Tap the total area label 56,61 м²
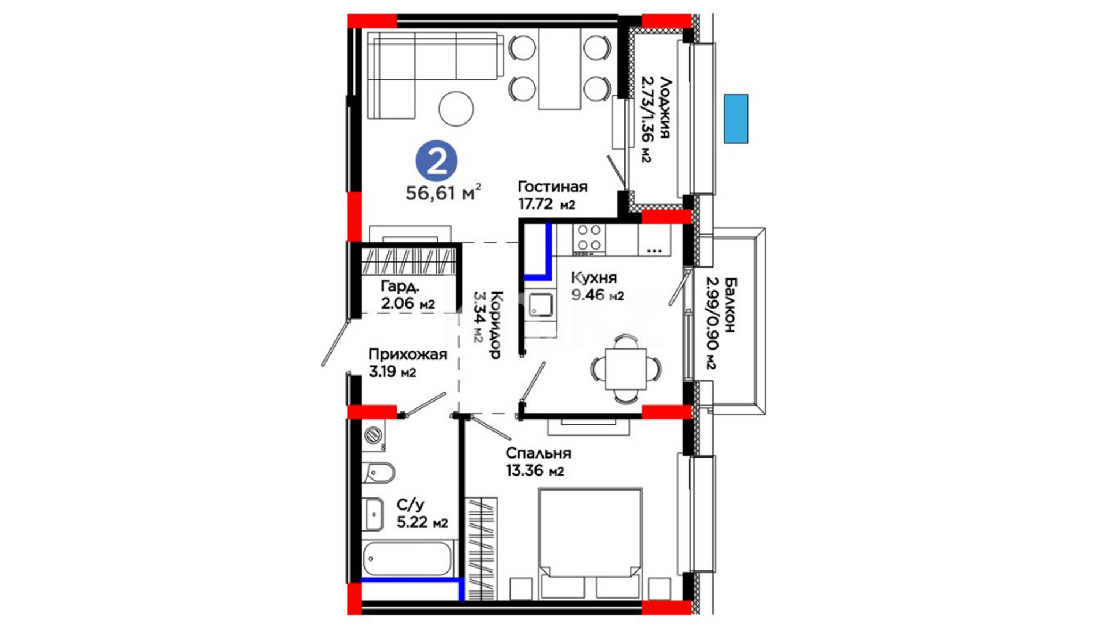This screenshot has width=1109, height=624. point(443,192)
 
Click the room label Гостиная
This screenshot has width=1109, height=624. point(552,187)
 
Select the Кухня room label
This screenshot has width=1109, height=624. point(594,277)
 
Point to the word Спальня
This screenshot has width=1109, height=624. point(538,454)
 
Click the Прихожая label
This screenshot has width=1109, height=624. point(408,354)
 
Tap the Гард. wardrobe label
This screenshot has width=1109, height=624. point(400,287)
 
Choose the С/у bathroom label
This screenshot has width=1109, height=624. point(410,505)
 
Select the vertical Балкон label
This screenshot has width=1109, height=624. point(730,304)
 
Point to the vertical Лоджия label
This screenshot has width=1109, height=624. point(664,107)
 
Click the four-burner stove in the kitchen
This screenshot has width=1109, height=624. point(589,240)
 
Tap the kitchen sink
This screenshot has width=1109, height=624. point(540,305)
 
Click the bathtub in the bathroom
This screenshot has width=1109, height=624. point(407,558)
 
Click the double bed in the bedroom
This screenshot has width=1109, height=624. point(590,544)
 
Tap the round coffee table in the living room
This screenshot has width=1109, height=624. point(456,108)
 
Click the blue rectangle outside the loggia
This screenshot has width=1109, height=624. point(736,118)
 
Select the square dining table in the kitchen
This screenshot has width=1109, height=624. point(626,369)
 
